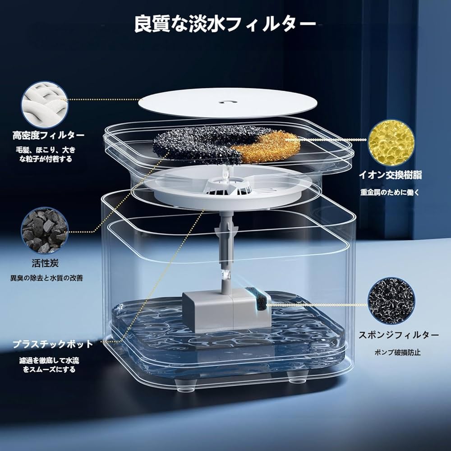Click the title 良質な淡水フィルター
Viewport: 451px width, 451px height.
(225, 24)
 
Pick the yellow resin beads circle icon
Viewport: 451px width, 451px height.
(391, 142)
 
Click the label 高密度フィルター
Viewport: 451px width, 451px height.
(49, 135)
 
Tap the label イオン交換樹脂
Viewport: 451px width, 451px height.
(391, 175)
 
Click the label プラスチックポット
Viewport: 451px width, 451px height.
(52, 344)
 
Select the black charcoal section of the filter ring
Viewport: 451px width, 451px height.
(198, 142)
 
